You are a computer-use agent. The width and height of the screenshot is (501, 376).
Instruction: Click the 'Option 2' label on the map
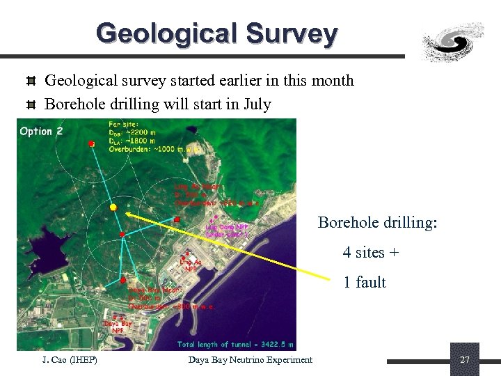41,132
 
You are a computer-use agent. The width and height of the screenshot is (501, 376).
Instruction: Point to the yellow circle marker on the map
113,207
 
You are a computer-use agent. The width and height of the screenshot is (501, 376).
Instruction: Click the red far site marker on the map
90,143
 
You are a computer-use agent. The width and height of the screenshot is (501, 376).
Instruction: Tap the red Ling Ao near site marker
177,219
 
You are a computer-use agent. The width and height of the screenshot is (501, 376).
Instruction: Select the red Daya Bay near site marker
122,281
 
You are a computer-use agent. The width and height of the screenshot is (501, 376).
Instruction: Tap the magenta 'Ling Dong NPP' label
227,229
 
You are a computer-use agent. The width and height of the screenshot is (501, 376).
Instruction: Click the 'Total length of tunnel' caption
235,344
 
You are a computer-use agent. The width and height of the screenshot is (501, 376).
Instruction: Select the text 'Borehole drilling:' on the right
377,222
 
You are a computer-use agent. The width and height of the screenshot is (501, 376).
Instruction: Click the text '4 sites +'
370,252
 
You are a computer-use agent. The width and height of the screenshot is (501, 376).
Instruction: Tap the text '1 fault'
364,282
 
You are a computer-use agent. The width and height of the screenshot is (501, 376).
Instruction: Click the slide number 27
465,360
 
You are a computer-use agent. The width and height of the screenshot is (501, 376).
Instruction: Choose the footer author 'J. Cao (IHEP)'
69,359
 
